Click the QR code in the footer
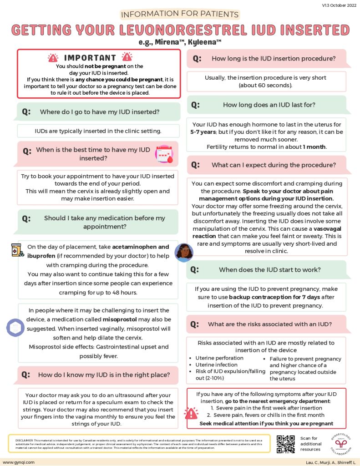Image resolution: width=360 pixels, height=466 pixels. (x=286, y=444)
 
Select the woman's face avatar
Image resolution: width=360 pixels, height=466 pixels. (x=183, y=253)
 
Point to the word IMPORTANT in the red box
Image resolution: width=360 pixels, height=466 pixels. (x=90, y=58)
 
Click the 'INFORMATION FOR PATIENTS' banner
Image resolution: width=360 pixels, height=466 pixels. (x=180, y=14)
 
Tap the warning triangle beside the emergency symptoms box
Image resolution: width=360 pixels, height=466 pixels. (x=191, y=413)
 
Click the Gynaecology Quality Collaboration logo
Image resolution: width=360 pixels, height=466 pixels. (x=337, y=443)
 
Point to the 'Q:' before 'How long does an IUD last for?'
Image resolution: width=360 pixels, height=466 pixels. (x=195, y=105)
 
